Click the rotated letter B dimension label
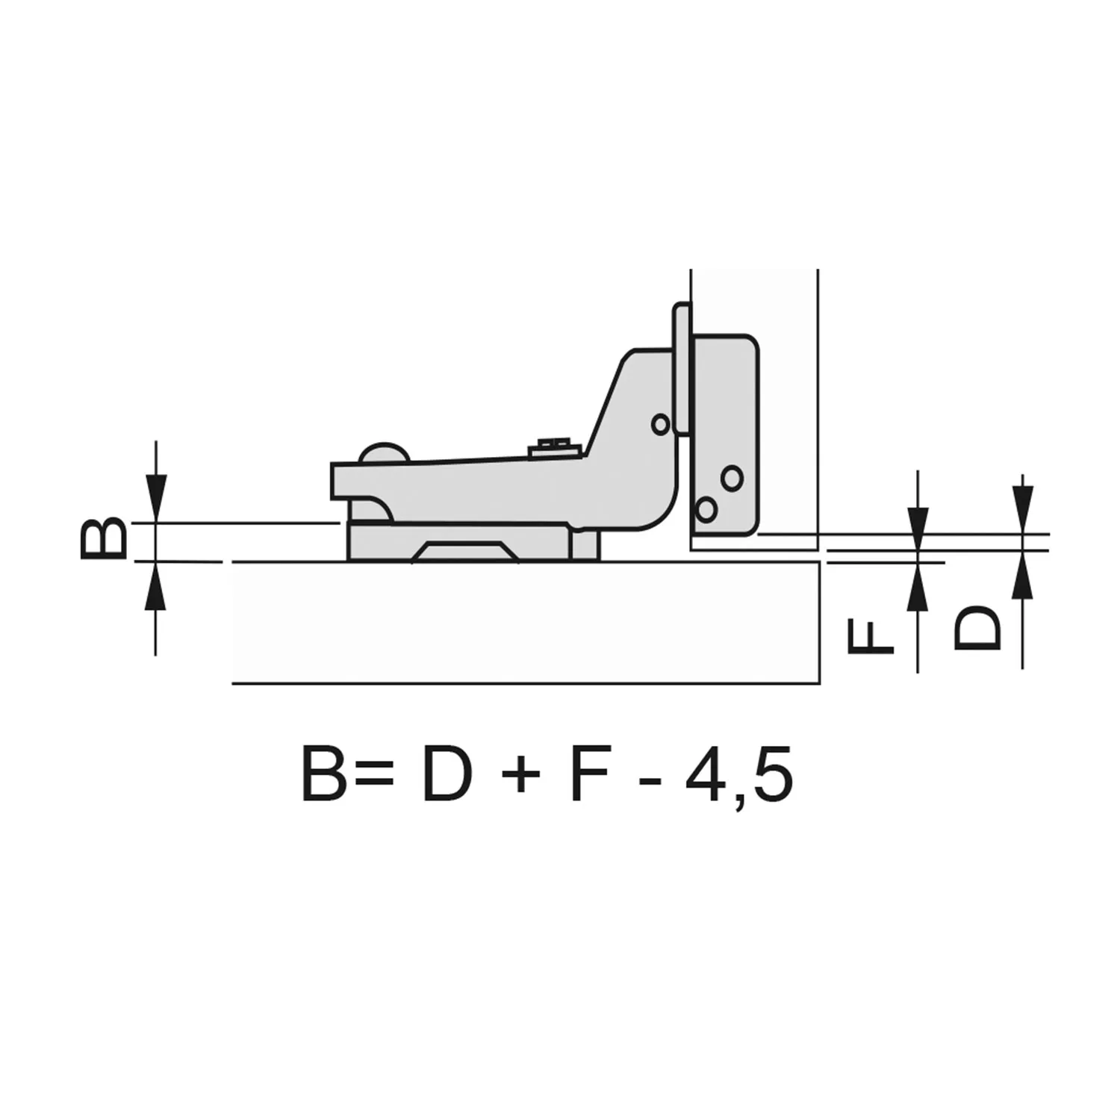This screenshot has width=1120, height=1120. (x=103, y=538)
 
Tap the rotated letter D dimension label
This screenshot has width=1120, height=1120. (x=977, y=626)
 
